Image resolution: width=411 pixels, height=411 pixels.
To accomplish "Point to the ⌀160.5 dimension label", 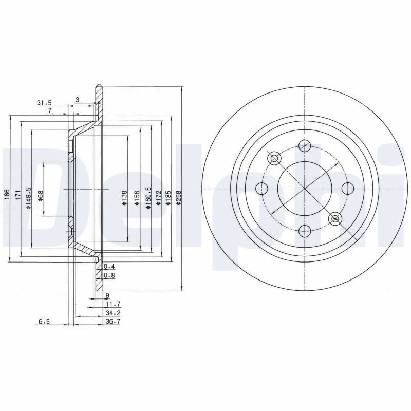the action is coord(148,198).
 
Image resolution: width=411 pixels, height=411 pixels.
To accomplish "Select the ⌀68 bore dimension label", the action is coord(41,196).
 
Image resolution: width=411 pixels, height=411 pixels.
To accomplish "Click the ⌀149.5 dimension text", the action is coord(28,198).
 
